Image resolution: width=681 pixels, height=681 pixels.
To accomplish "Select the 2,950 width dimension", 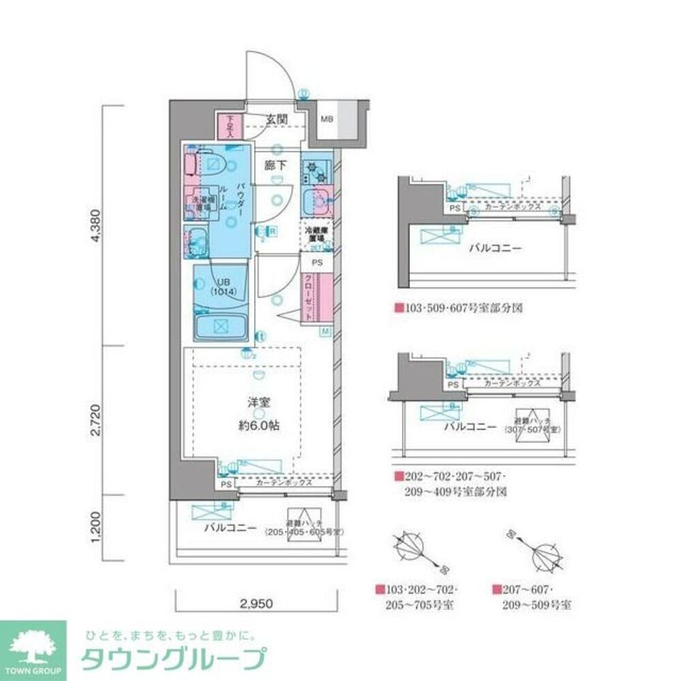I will [x=259, y=603].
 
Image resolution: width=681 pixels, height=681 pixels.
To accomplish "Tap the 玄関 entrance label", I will [x=277, y=119].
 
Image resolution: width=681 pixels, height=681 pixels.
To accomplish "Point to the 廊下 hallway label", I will [x=275, y=165].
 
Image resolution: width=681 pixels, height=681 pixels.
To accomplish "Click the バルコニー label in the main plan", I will [x=229, y=528].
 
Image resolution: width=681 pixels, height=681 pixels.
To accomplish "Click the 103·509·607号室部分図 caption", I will [x=462, y=308].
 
